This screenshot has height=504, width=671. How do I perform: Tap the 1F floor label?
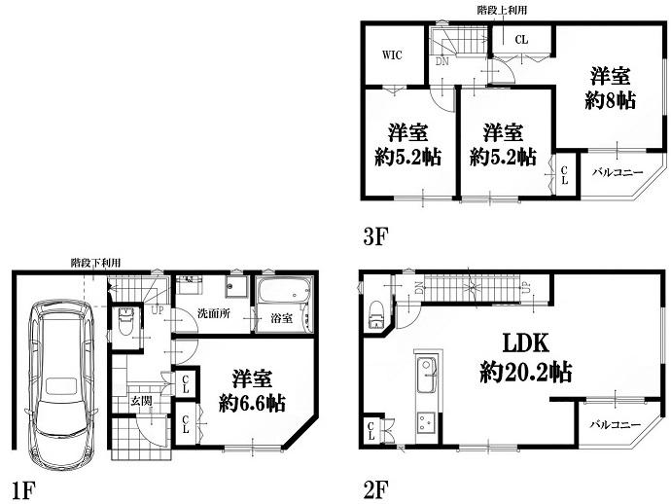22,490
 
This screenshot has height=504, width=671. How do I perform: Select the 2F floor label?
375,490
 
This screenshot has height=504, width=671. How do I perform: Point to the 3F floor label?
375,235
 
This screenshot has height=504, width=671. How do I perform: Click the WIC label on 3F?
392,54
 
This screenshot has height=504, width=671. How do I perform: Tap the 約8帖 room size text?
610,100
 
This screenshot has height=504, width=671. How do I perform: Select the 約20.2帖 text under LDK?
526,372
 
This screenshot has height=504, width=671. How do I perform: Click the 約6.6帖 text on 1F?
252,403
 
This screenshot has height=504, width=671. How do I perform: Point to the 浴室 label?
282,318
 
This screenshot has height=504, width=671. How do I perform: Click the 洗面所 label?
214,313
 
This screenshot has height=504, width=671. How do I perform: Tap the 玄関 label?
141,401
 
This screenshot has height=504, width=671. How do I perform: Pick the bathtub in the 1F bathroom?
284,290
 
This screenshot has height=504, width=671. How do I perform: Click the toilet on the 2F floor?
376,315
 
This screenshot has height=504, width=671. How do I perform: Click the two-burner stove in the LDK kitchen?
427,421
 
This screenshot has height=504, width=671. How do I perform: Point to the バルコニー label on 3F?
618,172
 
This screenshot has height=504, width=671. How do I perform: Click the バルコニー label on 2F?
616,424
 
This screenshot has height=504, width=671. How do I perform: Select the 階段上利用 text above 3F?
502,10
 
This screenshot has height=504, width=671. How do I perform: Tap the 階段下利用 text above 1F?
95,263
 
